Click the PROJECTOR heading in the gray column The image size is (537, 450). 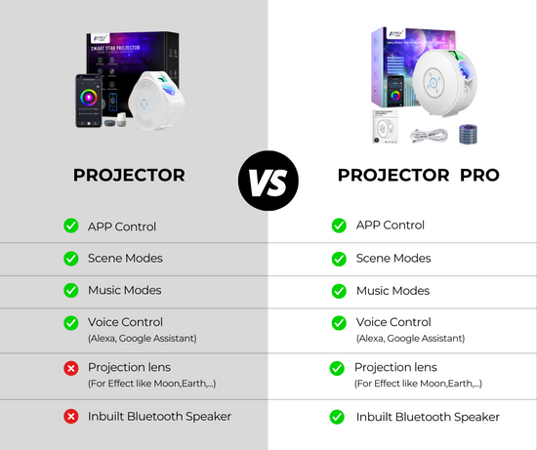(x=129, y=176)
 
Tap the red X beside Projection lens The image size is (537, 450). (x=71, y=368)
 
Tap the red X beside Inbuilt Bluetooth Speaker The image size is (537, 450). (x=71, y=416)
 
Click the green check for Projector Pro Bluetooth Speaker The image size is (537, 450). (x=338, y=417)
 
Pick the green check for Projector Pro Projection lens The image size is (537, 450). (x=338, y=368)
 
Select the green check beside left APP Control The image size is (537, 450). (x=71, y=225)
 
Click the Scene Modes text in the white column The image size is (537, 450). (x=393, y=258)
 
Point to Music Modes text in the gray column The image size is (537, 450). (x=125, y=290)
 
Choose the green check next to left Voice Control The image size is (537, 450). (x=71, y=322)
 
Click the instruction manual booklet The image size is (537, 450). (x=387, y=127)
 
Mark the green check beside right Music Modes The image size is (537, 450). (x=338, y=291)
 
